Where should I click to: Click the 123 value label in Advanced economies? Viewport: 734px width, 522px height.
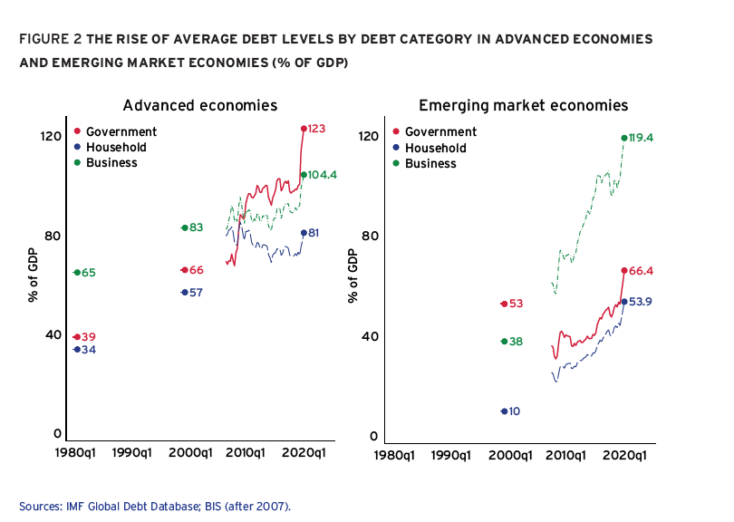[317, 129]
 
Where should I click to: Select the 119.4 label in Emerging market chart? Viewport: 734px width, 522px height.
[642, 138]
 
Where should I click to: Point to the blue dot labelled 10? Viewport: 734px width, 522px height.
[504, 411]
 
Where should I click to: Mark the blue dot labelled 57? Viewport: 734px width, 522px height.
[184, 293]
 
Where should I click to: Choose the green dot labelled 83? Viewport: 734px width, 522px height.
[184, 227]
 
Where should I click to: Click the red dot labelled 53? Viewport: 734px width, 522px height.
[504, 304]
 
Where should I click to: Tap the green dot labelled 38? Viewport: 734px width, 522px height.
[504, 342]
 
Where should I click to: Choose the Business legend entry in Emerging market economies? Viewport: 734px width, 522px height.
[430, 163]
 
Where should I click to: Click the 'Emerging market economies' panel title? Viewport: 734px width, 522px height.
[523, 105]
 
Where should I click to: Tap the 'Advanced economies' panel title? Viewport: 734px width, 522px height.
[199, 105]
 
